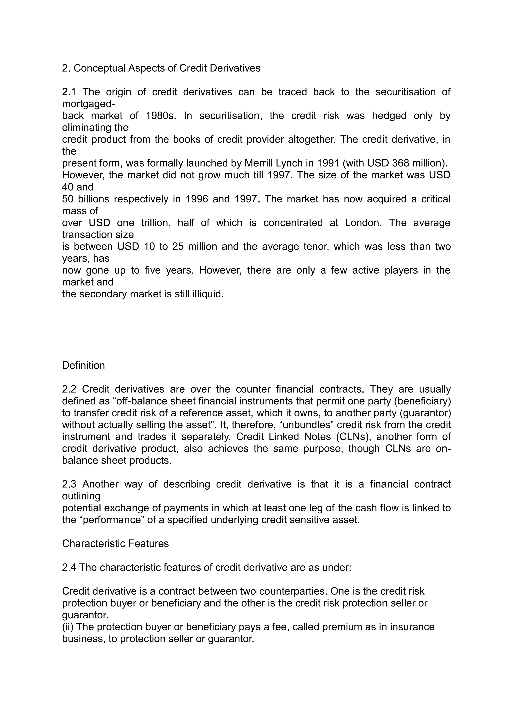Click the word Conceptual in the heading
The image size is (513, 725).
pos(99,68)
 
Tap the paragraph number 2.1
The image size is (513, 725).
pos(69,92)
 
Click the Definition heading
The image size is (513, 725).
pos(83,365)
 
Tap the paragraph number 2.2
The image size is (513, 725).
pos(69,389)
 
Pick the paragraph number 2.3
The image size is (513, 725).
pos(69,484)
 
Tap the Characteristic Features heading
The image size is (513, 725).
pos(115,544)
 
